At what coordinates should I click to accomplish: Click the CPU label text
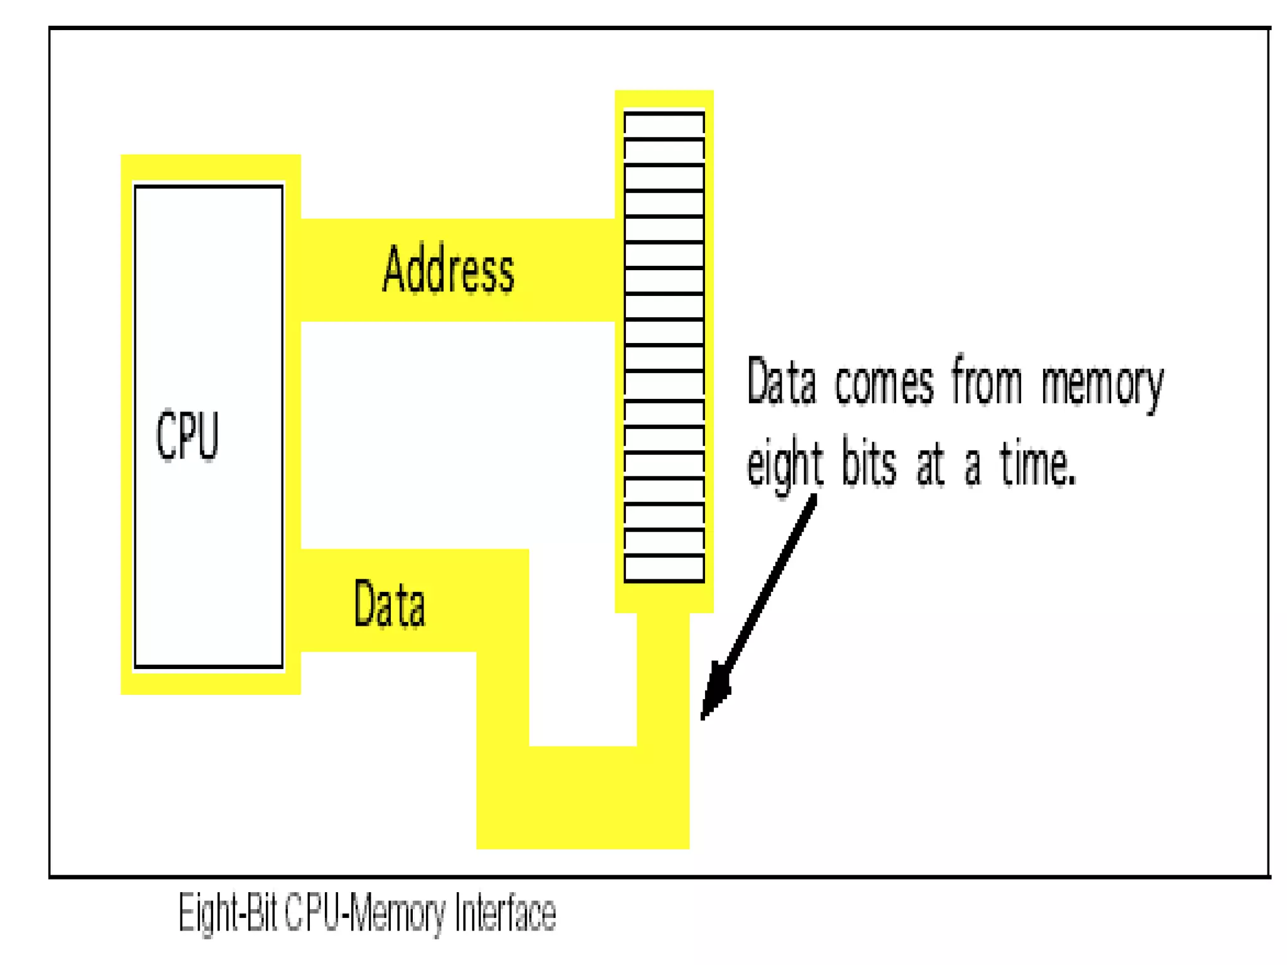tap(187, 435)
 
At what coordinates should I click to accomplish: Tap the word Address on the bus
tap(448, 270)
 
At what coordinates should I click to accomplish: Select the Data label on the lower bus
tap(390, 604)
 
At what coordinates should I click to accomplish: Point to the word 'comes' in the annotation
tap(884, 383)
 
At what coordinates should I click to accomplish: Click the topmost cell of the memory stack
tap(664, 126)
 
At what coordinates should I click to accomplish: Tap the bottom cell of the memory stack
tap(664, 569)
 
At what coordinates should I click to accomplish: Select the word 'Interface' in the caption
tap(505, 913)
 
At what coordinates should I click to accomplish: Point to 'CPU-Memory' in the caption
tap(365, 913)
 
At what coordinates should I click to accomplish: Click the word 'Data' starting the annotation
tap(781, 381)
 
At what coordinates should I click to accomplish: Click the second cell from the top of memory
tap(664, 151)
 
